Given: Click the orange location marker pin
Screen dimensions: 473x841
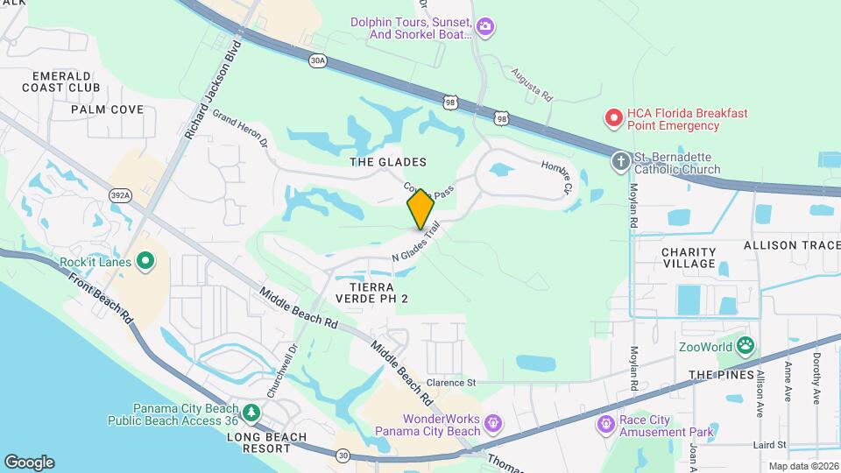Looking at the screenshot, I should tap(420, 208).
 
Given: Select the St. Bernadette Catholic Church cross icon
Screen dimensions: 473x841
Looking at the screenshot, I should tap(621, 160).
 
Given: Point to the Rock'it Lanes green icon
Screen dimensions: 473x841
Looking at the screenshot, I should tap(146, 261).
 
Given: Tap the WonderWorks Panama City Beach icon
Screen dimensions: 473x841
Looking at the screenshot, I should tap(493, 423).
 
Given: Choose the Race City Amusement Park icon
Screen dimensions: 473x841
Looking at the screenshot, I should tap(604, 425).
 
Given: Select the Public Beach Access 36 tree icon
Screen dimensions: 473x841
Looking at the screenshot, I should tap(251, 412).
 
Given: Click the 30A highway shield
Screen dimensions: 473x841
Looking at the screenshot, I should tap(317, 60).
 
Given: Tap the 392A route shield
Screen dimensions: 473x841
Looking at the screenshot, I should tap(122, 195).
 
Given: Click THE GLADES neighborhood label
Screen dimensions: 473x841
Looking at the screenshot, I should tap(388, 162).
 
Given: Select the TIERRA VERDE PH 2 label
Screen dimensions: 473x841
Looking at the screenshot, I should tap(379, 293).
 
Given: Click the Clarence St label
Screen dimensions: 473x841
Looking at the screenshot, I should tap(451, 383).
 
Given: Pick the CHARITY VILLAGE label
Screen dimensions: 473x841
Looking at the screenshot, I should tap(689, 258).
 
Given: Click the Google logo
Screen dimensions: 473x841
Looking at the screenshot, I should tap(29, 462).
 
